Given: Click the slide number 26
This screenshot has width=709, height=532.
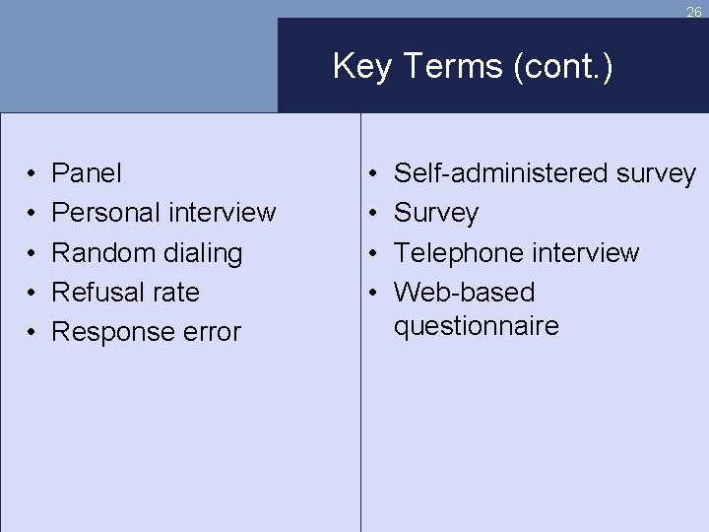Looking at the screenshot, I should (x=693, y=13).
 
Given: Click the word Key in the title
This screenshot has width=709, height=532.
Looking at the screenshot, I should (x=358, y=67).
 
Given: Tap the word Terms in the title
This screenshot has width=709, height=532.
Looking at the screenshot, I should (x=444, y=67).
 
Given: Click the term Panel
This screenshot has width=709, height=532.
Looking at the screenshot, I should (x=87, y=173).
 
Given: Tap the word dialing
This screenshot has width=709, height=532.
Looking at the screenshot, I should (x=203, y=254).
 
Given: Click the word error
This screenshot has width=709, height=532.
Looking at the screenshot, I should (x=210, y=333).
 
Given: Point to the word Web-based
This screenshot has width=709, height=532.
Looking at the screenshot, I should (x=464, y=293).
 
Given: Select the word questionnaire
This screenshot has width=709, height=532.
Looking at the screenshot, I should (x=476, y=326).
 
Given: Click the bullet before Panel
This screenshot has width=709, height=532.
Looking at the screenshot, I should (x=32, y=174).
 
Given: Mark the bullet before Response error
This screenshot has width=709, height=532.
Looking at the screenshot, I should (x=32, y=333).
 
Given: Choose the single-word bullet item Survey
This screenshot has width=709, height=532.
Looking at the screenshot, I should (x=436, y=214).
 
